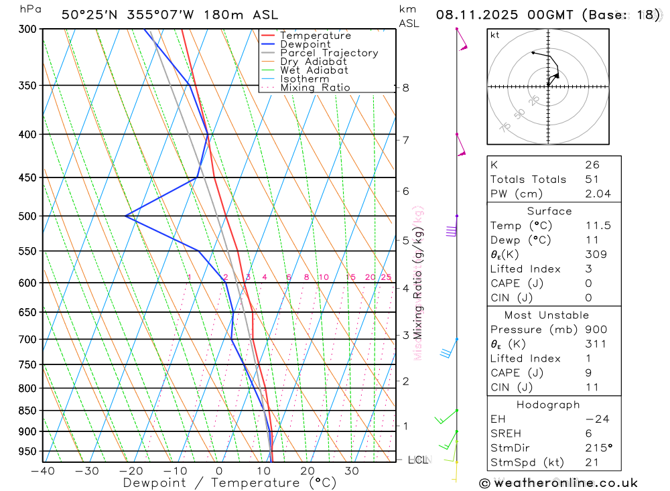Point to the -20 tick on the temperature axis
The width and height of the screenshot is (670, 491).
tap(131, 471)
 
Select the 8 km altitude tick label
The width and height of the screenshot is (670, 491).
tap(405, 88)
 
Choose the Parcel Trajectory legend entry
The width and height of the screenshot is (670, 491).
tap(328, 53)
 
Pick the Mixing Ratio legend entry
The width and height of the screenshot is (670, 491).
tap(315, 88)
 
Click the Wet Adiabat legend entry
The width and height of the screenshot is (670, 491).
tap(314, 70)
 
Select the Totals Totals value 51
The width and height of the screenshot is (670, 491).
tap(592, 180)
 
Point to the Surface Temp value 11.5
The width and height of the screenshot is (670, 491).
tap(598, 226)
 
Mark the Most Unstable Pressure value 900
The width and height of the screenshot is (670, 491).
tap(595, 330)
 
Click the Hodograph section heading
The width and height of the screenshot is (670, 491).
tap(548, 405)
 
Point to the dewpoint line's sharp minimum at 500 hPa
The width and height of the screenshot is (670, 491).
tap(125, 216)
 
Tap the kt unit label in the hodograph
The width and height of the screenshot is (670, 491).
tap(494, 35)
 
